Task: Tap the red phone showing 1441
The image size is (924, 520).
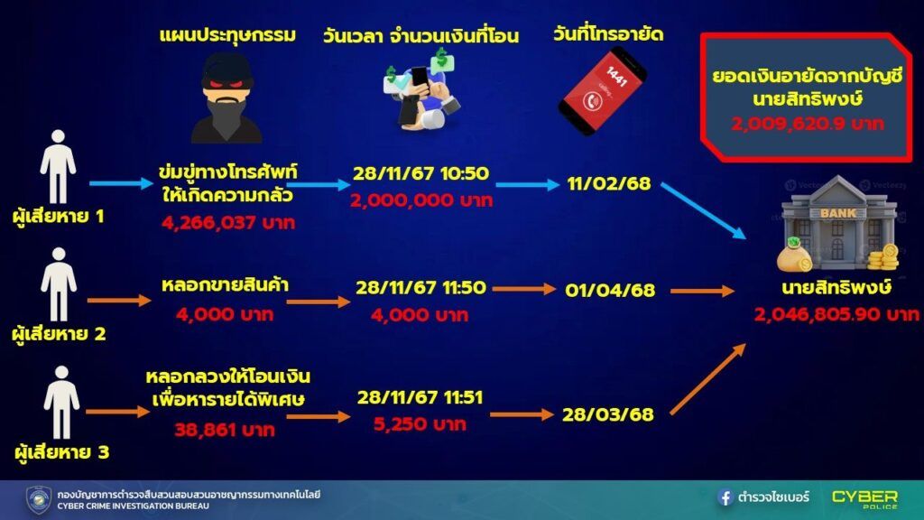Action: (602, 90)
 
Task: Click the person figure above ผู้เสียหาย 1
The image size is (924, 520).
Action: (58, 167)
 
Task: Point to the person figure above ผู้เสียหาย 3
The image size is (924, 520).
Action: (61, 403)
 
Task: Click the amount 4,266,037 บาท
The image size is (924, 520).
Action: (228, 223)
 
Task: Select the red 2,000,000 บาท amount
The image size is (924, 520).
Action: (420, 200)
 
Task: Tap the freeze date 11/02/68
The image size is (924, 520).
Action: (609, 184)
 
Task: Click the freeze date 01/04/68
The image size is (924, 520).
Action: (610, 290)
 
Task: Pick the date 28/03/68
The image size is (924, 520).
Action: (607, 414)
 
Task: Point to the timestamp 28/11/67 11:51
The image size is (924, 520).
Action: (420, 397)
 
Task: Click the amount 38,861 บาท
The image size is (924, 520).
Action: (225, 429)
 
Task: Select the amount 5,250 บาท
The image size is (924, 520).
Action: (420, 424)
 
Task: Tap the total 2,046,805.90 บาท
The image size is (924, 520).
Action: (836, 314)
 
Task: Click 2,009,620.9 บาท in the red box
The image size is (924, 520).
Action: (808, 124)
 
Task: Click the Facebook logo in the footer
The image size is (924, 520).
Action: (725, 497)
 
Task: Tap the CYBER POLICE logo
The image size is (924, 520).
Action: (864, 498)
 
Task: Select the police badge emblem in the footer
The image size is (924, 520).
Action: (39, 499)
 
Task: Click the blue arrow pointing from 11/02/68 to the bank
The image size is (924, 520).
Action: (703, 210)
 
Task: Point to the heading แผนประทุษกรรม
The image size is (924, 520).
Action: (227, 36)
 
